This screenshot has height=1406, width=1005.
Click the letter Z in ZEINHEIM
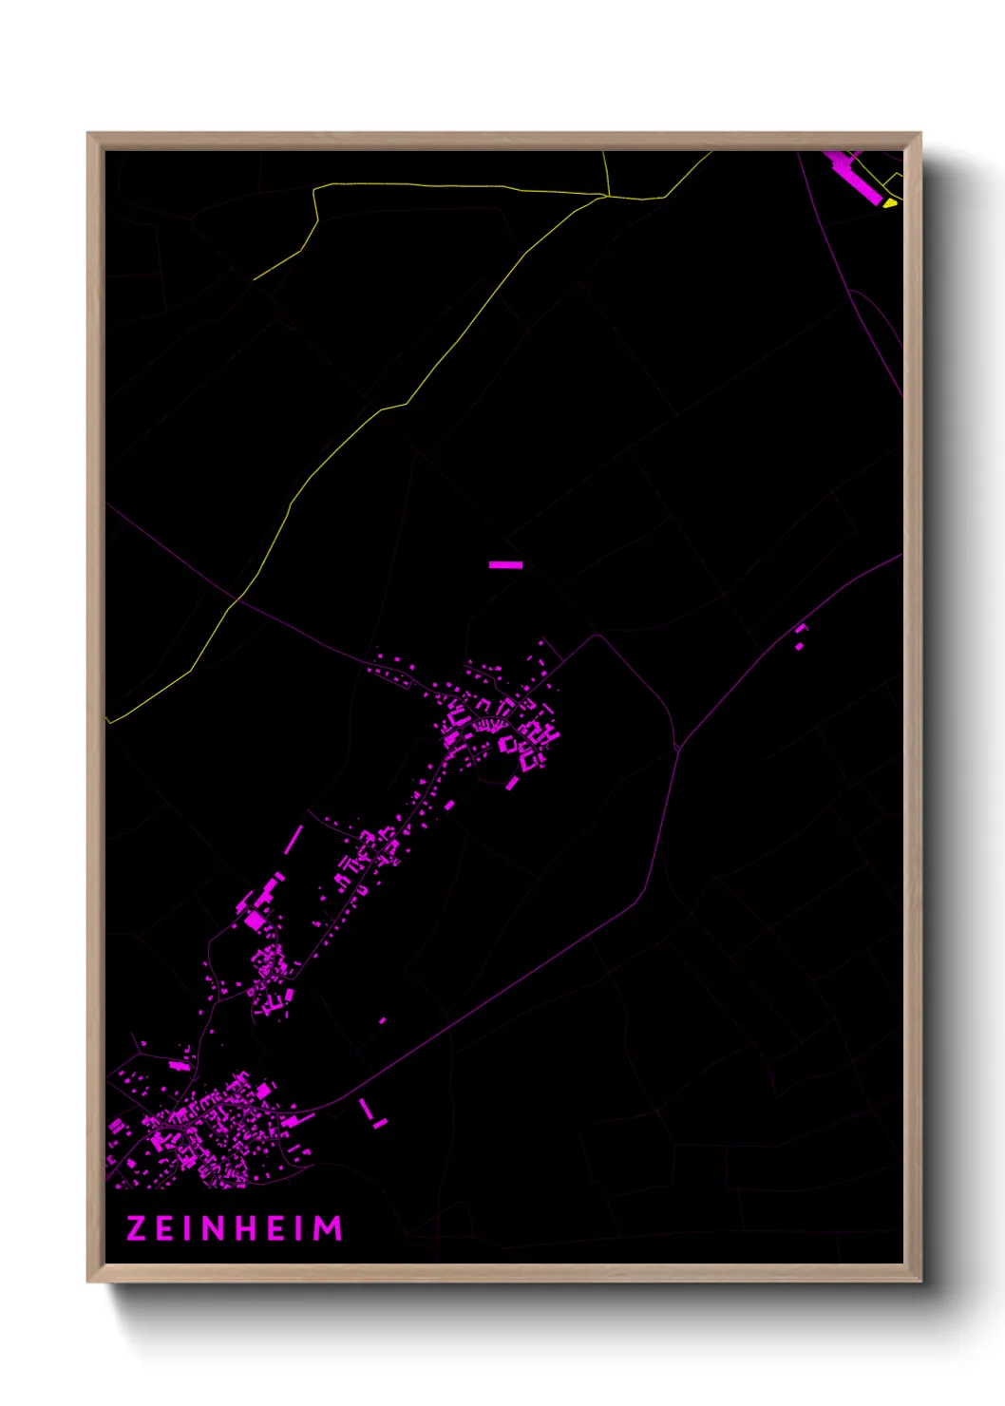click(x=136, y=1228)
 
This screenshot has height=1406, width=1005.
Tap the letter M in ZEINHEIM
click(x=328, y=1228)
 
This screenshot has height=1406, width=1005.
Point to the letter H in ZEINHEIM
click(x=242, y=1228)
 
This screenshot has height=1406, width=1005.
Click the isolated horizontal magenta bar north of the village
click(x=505, y=565)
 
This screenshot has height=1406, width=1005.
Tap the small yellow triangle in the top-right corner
click(x=889, y=201)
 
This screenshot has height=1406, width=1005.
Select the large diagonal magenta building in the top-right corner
click(x=855, y=178)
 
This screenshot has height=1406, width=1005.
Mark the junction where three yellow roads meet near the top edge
click(x=607, y=197)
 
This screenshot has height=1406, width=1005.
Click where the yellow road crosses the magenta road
click(x=236, y=600)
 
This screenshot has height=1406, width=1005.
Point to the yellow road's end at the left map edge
click(x=108, y=722)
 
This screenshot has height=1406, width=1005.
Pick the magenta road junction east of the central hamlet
click(x=677, y=750)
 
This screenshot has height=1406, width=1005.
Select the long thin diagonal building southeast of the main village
click(x=366, y=1108)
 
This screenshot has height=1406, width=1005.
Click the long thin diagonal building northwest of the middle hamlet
click(x=294, y=839)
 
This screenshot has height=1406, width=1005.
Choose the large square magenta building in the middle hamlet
click(x=254, y=920)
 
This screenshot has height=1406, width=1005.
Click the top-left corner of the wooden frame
click(x=88, y=134)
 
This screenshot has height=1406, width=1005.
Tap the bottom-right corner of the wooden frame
click(x=920, y=1282)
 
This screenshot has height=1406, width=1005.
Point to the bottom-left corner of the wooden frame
click(x=88, y=1282)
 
